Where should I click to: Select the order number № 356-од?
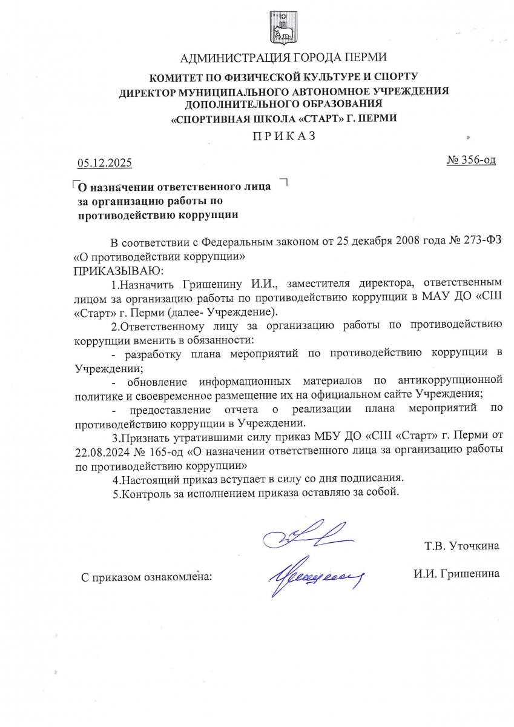(471, 161)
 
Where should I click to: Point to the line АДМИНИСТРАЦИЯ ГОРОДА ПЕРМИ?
(284, 59)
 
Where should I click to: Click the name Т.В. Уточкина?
(462, 546)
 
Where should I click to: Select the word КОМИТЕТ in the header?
(179, 77)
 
